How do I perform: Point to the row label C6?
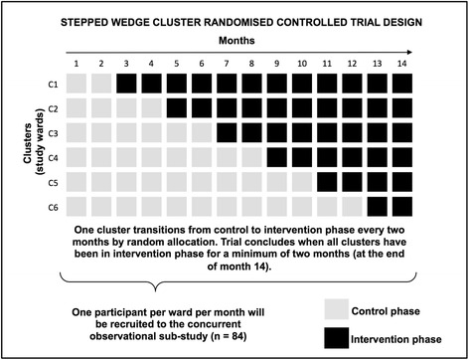click(x=50, y=206)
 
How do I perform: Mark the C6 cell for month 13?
click(x=401, y=206)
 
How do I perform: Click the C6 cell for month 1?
click(x=77, y=206)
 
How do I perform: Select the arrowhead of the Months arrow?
click(x=437, y=52)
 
